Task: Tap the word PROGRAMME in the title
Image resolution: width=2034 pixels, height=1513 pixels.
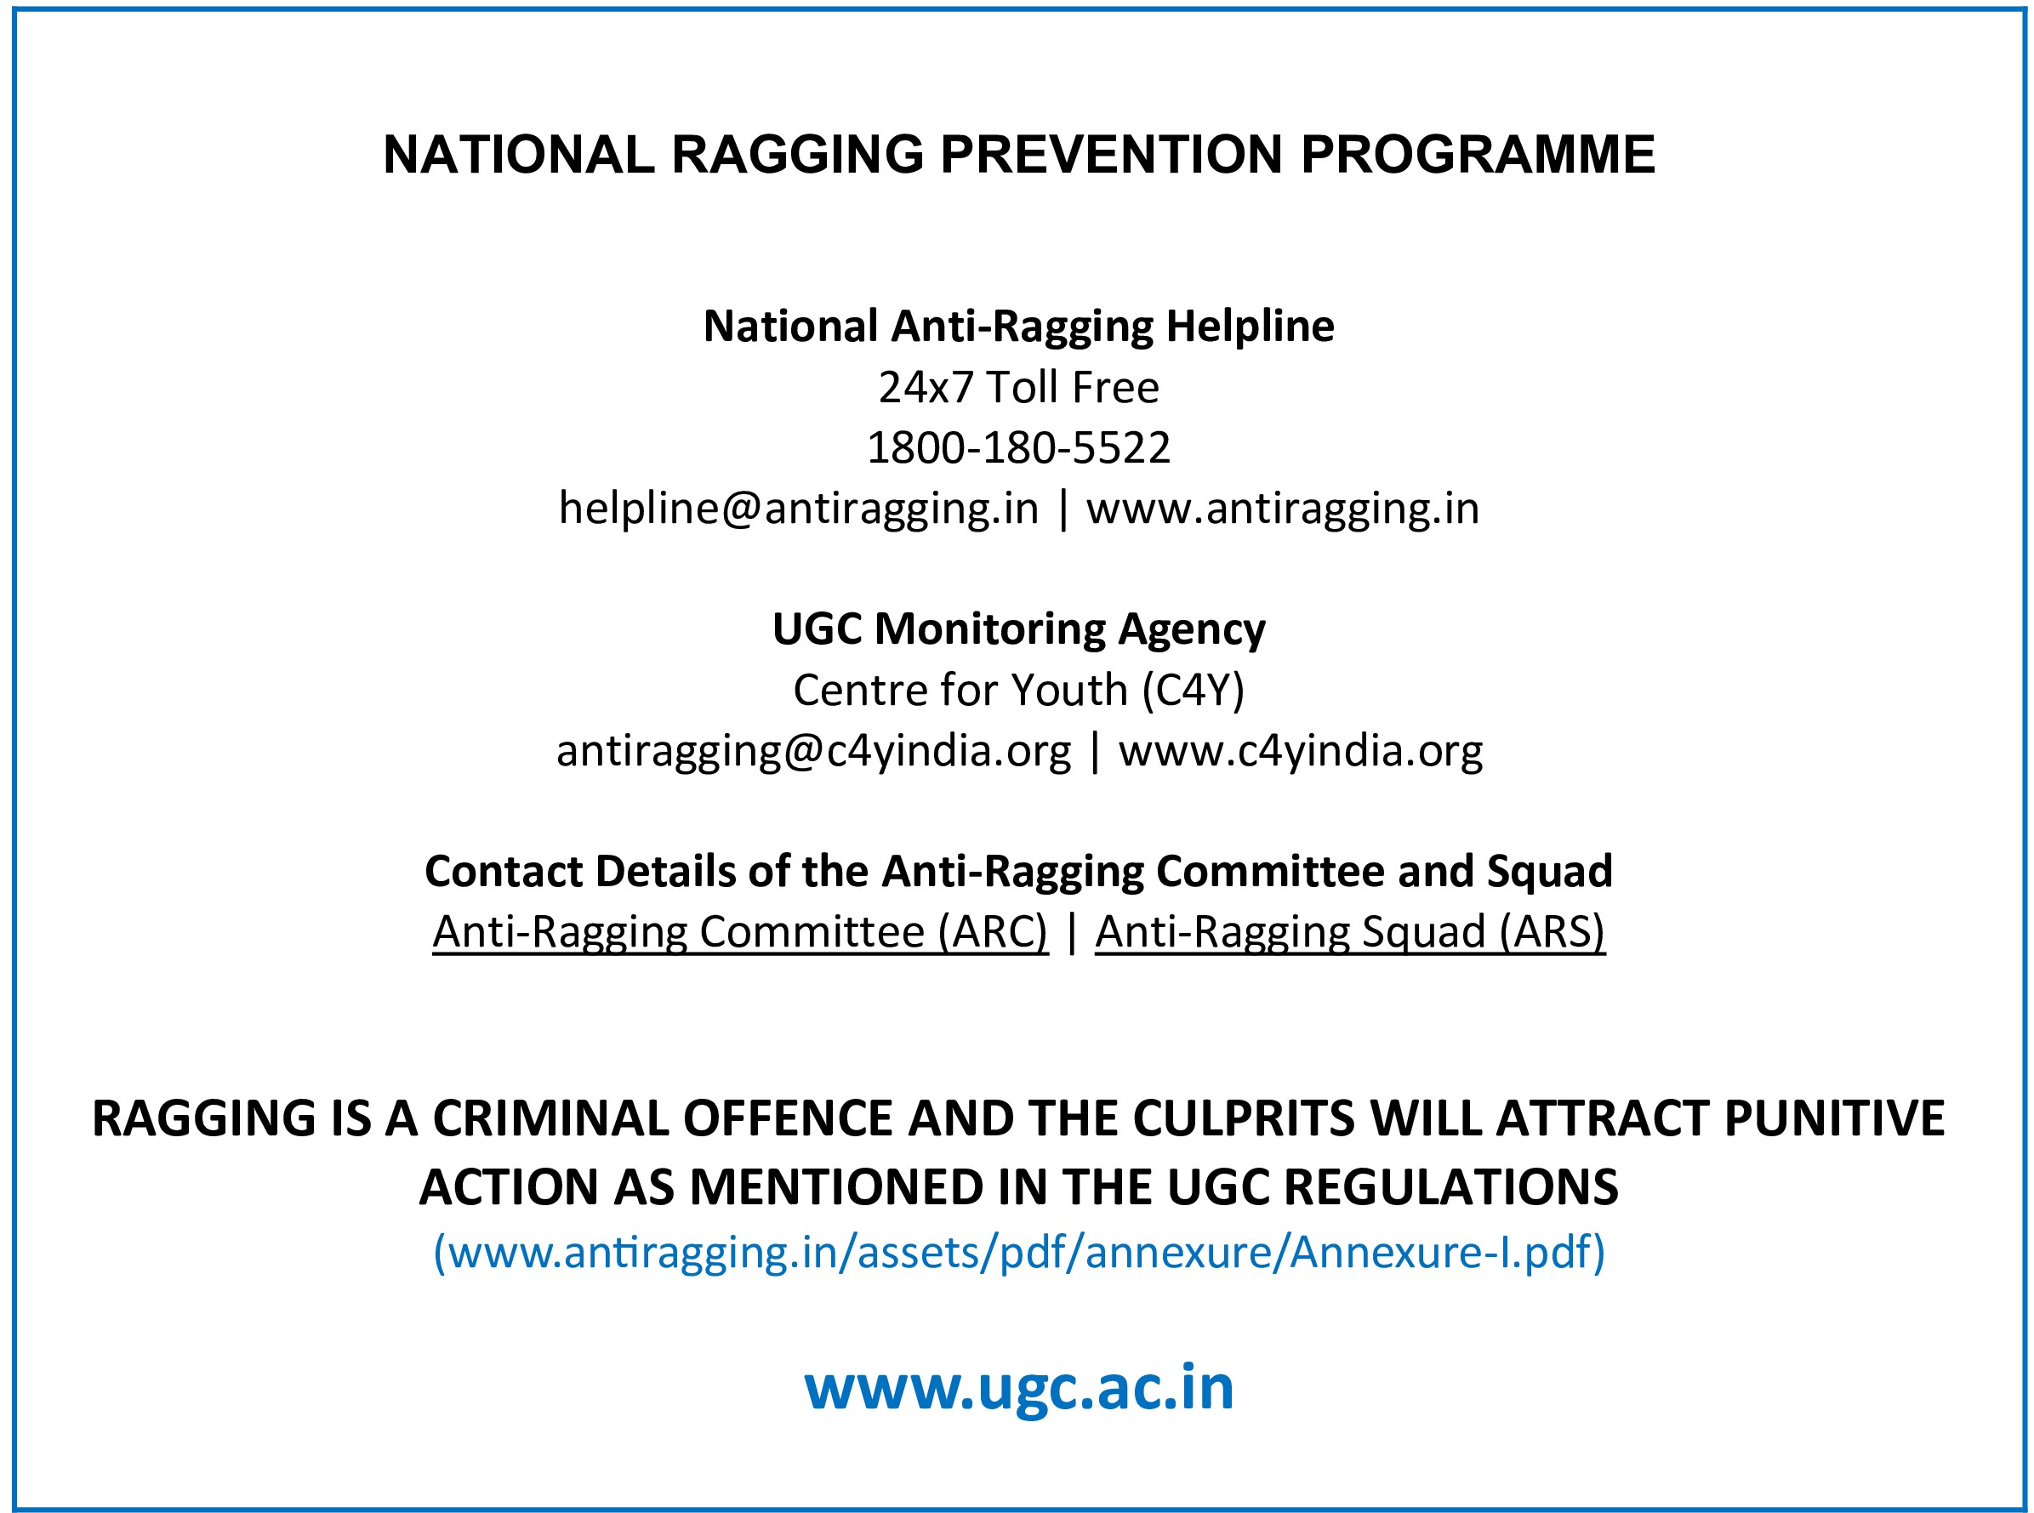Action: click(1478, 154)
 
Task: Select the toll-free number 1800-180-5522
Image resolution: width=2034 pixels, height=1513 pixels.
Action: click(1019, 448)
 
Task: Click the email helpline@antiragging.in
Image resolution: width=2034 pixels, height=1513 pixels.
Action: click(799, 509)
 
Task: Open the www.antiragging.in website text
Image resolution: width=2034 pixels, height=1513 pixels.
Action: click(1283, 509)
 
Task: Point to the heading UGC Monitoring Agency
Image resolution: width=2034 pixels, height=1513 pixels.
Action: click(1019, 630)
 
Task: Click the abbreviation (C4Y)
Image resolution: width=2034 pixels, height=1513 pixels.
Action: click(1193, 691)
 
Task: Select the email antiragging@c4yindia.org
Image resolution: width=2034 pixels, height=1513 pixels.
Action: click(813, 752)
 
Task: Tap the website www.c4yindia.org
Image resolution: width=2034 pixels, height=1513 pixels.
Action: click(1300, 752)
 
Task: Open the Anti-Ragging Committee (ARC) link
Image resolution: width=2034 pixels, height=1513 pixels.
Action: click(740, 932)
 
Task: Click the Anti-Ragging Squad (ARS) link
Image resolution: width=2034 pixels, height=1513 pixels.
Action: click(1349, 932)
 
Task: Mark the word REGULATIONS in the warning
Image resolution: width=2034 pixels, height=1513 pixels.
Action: click(1451, 1188)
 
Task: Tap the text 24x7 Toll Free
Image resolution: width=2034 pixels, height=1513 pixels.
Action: click(1019, 388)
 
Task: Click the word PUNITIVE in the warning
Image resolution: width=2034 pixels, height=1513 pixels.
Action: click(1834, 1118)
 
